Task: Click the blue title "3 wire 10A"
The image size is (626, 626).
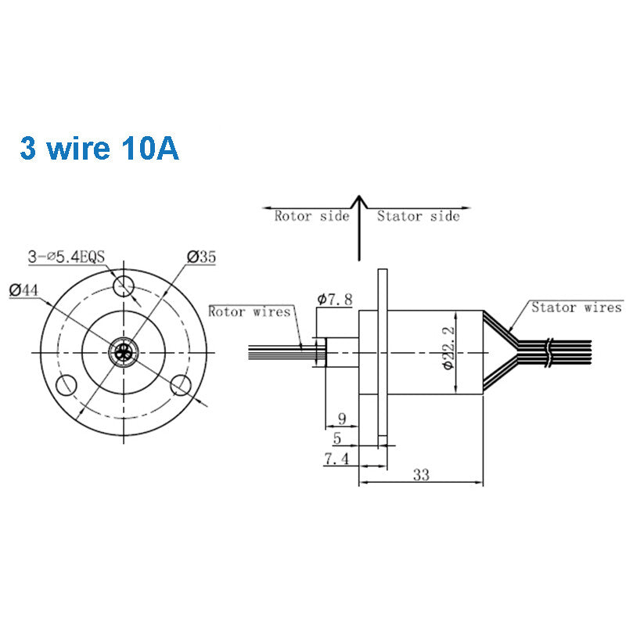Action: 99,147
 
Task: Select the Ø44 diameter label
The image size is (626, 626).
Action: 24,290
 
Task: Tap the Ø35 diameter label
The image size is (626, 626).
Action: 201,256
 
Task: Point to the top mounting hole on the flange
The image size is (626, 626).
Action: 123,286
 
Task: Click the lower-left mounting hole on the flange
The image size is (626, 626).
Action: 66,385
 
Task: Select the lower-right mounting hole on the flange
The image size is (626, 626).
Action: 181,384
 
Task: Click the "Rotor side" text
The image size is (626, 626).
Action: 311,216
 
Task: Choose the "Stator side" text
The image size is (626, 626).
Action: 418,216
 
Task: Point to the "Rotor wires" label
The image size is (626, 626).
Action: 250,311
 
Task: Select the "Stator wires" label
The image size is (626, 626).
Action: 576,308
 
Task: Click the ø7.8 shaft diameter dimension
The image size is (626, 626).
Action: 335,299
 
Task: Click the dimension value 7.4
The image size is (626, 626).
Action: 336,459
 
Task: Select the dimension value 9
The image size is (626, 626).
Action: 340,419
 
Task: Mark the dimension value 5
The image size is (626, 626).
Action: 336,439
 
